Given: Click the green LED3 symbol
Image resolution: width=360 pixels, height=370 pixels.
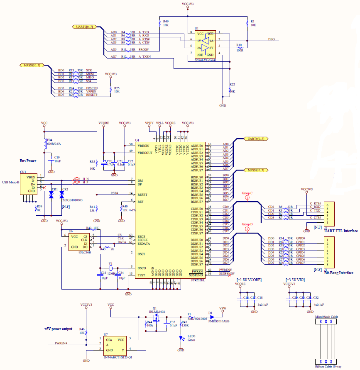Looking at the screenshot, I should click(181, 338).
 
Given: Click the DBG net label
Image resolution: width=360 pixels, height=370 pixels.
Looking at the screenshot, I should click(271, 39).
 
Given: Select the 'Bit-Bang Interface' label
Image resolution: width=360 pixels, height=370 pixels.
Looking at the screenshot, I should click(338, 273).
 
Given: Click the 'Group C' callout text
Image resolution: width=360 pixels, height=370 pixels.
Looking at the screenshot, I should click(247, 193).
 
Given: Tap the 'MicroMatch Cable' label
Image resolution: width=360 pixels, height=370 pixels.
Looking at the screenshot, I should click(327, 316).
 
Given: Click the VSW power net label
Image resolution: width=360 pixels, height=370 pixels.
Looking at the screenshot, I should click(223, 308).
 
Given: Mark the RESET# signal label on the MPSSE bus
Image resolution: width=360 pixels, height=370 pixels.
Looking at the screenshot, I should click(91, 95).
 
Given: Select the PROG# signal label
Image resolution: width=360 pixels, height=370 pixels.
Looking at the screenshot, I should click(144, 49).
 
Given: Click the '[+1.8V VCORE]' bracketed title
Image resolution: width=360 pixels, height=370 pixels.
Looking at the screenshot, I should click(249, 280).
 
